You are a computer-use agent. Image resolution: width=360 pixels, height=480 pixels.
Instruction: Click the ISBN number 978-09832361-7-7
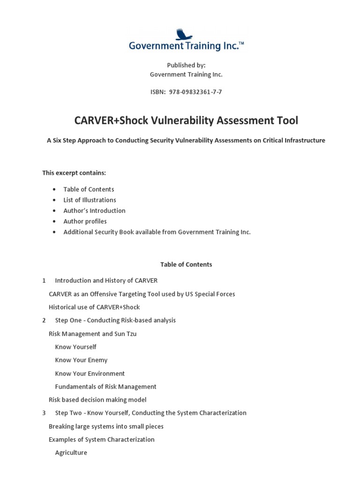192,92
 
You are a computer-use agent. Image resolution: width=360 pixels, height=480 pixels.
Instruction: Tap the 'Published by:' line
186,66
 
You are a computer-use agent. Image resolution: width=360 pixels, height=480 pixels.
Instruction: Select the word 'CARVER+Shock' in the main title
111,120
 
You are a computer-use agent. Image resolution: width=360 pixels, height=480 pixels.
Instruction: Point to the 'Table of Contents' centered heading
186,264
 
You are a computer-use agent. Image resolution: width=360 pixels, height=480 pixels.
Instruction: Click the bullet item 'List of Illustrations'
90,200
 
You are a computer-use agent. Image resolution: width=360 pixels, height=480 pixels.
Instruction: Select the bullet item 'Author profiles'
85,221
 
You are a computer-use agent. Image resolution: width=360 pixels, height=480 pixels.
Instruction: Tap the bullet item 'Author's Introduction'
94,210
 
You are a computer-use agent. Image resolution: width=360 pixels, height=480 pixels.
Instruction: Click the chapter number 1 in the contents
44,280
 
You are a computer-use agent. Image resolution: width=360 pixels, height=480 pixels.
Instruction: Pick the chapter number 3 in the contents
44,413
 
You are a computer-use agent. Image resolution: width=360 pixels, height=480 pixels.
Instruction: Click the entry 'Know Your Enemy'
81,360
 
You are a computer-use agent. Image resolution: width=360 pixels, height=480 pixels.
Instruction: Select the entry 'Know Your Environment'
90,374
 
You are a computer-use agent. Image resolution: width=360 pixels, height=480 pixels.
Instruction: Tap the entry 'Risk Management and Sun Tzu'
92,334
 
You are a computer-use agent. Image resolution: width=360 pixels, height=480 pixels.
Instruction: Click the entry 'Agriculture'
71,453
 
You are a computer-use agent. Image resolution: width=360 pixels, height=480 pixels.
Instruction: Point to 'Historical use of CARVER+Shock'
94,307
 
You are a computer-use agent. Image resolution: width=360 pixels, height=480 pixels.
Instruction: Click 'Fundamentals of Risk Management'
105,387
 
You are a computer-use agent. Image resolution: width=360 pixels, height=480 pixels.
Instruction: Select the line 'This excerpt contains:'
74,173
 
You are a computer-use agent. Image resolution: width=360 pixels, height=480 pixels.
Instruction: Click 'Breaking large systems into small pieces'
106,427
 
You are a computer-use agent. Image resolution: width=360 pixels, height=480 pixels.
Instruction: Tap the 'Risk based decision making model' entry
97,400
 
